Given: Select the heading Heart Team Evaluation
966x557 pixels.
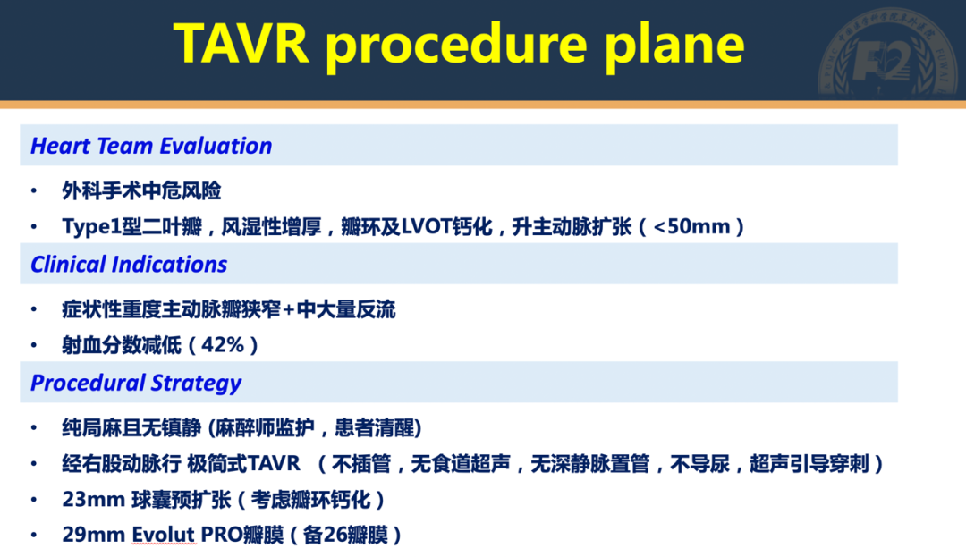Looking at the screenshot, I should click(151, 146).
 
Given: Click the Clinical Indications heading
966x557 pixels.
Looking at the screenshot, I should click(129, 265).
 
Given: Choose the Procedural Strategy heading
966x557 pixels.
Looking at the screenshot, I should click(136, 384).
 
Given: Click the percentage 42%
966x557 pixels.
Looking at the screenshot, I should click(217, 346).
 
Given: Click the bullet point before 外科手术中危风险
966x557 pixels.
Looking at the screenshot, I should click(34, 191).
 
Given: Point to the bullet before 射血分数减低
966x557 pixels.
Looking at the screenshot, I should click(34, 346).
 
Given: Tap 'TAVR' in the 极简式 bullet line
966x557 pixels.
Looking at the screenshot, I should click(274, 464).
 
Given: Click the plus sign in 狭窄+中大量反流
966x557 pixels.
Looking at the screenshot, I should click(289, 310).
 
